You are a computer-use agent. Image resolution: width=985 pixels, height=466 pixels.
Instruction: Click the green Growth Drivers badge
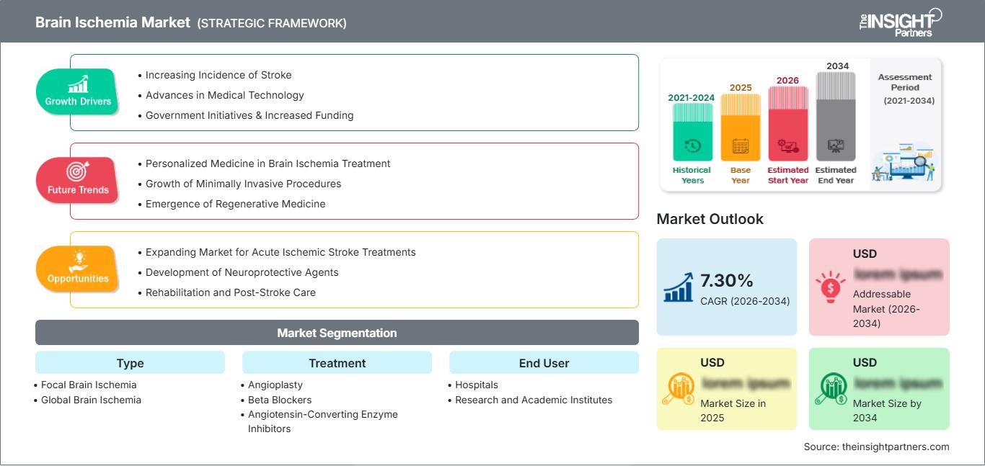tap(78, 91)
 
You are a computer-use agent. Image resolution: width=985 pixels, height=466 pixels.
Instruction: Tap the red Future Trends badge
tap(78, 180)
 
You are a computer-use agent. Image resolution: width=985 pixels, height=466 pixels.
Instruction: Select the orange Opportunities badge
tap(78, 269)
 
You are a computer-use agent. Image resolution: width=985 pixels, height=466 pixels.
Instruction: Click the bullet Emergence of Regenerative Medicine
tap(235, 204)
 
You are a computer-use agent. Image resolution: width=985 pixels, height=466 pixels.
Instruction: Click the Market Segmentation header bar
tap(337, 333)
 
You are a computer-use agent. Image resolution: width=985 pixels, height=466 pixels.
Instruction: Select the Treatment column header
tap(337, 363)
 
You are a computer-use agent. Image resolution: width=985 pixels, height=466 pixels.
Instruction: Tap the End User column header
tap(544, 363)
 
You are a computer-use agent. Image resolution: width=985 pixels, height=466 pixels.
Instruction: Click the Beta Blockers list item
tap(280, 400)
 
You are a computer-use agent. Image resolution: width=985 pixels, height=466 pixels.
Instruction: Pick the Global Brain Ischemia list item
tap(91, 400)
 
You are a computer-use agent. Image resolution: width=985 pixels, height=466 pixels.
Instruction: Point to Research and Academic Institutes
tap(534, 400)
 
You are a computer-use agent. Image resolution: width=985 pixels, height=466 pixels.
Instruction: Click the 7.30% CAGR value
tap(726, 280)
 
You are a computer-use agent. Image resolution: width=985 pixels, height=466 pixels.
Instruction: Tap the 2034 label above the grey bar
tap(837, 66)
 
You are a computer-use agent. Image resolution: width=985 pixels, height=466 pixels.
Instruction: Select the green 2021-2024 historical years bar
tap(692, 133)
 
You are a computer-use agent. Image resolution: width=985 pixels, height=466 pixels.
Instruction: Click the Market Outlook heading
tap(710, 219)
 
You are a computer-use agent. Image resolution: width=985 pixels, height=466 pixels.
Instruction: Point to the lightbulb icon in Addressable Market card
tap(830, 287)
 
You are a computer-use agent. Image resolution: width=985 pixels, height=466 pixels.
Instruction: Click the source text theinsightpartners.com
tap(876, 447)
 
